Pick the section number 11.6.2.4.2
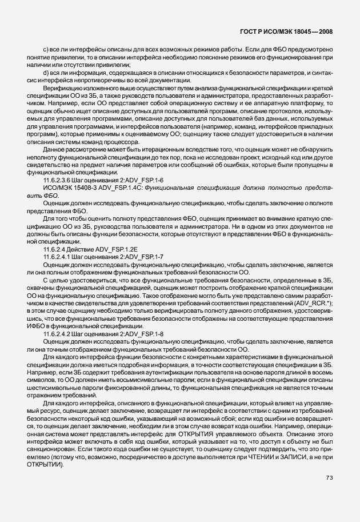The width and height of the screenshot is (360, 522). [59, 333]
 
